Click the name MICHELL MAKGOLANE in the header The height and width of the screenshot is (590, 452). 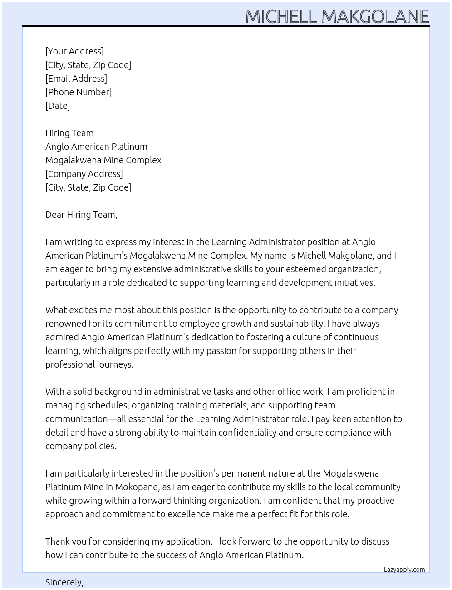(x=337, y=17)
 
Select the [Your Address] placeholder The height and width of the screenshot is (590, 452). (x=74, y=51)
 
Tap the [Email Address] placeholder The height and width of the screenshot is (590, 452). (x=76, y=79)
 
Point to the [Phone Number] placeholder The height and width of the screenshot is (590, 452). (x=79, y=92)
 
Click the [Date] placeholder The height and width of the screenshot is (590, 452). (x=58, y=106)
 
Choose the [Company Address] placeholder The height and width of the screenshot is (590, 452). (x=84, y=174)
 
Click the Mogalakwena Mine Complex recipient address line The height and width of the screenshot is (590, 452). (x=103, y=160)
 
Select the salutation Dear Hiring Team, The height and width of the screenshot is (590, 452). (x=81, y=215)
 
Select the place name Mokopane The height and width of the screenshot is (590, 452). (x=137, y=487)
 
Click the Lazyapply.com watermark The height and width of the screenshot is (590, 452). (x=404, y=570)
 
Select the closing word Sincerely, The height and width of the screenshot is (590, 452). (x=64, y=582)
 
